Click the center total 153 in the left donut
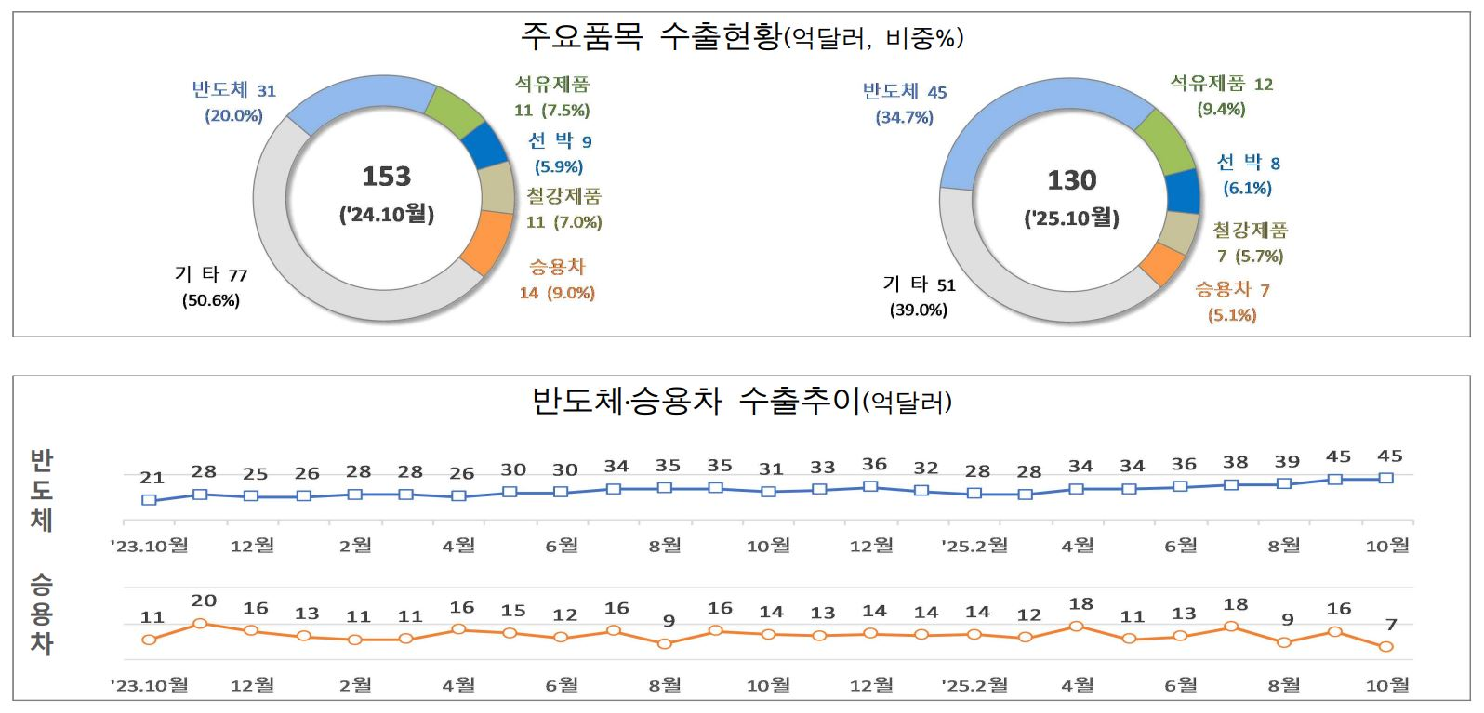386,177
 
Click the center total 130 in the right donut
1072,180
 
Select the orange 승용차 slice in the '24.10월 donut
488,244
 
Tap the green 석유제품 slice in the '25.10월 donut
1166,141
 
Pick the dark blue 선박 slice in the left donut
485,145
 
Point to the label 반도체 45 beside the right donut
904,91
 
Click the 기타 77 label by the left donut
211,274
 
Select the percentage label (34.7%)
904,117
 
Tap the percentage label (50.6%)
211,300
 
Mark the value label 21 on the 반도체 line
152,478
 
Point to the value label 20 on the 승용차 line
204,601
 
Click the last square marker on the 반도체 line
1386,478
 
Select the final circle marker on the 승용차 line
1386,646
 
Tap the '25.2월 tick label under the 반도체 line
974,545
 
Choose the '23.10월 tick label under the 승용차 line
150,685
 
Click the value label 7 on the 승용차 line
1391,625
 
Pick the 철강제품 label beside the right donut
1250,230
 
